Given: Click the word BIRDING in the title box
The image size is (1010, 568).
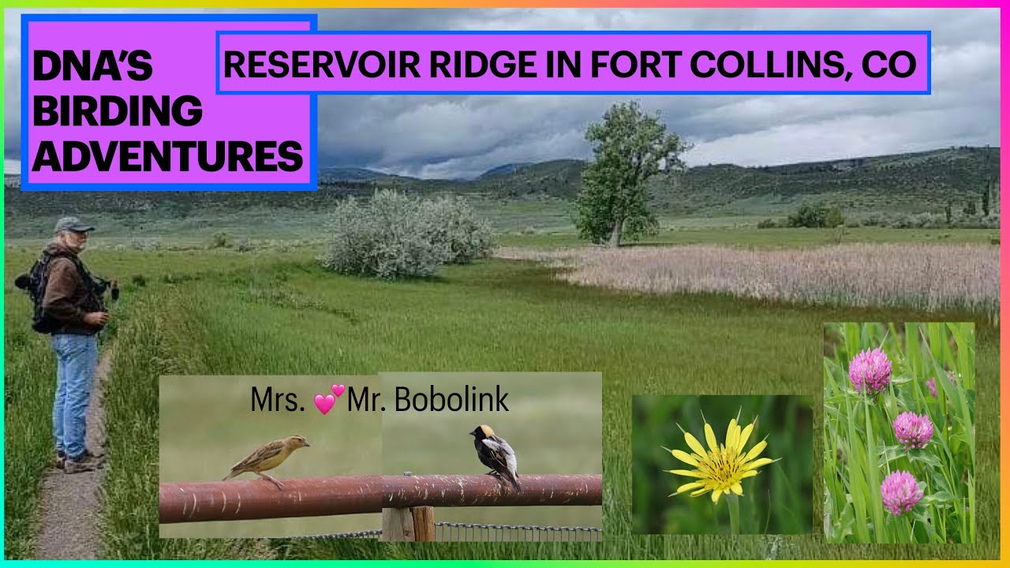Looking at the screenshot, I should point(117,112).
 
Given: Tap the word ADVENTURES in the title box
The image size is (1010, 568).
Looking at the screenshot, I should point(167,155).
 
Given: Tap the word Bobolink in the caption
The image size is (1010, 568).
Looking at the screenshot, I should point(451,400).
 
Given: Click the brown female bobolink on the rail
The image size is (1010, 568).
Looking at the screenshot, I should point(266,457).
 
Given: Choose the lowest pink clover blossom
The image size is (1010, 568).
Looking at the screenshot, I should point(900,491).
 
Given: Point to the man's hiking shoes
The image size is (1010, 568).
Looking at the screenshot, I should point(79,461).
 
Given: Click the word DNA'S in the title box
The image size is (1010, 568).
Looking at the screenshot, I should point(92,68).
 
